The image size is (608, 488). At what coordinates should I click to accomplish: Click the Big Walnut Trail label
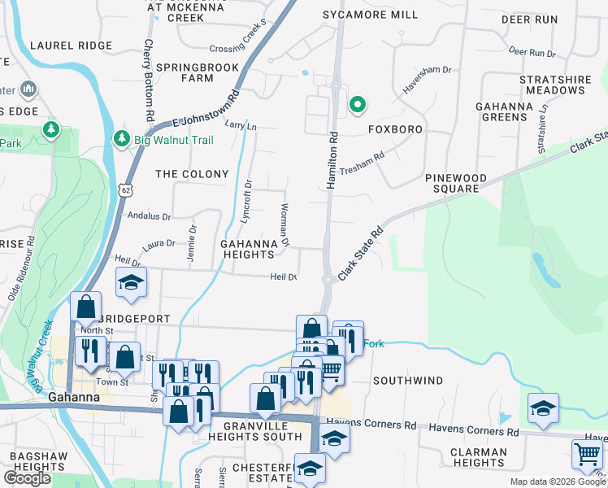click(x=174, y=140)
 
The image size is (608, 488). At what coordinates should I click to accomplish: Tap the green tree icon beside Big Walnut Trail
click(x=122, y=139)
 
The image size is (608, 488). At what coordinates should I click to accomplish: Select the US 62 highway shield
click(x=124, y=190)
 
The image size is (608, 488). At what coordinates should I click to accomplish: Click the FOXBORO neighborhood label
click(x=396, y=129)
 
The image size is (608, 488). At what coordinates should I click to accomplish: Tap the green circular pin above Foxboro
click(x=356, y=104)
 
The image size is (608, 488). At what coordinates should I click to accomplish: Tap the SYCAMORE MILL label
click(x=370, y=15)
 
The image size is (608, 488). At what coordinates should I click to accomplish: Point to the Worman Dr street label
click(x=285, y=225)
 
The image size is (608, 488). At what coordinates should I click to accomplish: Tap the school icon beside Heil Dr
click(x=130, y=281)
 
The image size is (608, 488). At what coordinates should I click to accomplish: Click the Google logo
click(x=26, y=478)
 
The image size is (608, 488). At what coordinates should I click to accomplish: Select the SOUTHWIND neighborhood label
click(x=408, y=381)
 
